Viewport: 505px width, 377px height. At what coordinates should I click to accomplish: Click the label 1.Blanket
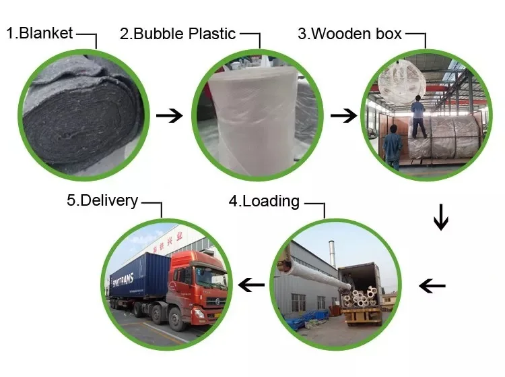(40, 33)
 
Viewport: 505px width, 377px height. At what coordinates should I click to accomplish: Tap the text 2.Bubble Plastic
(178, 34)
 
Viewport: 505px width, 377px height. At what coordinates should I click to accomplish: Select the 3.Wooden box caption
(349, 34)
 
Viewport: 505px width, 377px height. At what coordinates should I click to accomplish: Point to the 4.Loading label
(263, 200)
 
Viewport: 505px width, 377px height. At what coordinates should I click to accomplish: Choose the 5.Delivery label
(102, 200)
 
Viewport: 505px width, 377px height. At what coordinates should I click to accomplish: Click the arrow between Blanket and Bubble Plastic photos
(169, 116)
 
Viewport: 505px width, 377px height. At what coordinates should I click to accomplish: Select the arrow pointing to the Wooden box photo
(343, 116)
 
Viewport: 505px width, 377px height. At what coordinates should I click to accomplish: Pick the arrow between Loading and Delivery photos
(252, 285)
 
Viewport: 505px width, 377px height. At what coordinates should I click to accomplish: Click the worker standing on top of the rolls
(418, 115)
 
